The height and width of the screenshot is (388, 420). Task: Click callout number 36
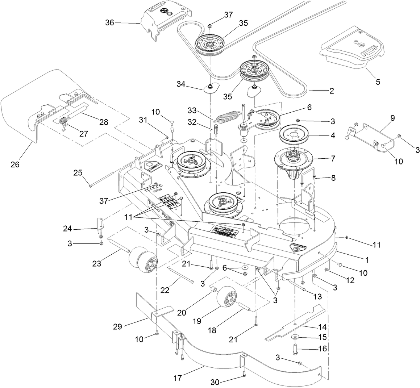[x=109, y=23]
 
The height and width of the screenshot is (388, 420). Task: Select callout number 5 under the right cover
[x=378, y=82]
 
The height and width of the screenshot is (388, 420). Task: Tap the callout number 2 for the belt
[x=331, y=91]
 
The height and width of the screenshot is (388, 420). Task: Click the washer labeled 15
[x=295, y=337]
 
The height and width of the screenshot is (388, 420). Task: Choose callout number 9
[x=393, y=118]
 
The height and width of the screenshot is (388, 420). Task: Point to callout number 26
[x=15, y=164]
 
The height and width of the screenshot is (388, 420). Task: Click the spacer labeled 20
[x=214, y=289]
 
